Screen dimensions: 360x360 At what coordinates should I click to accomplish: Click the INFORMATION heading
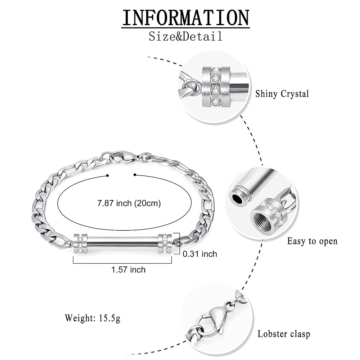(186, 18)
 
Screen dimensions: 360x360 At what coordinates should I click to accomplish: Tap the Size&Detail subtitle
(186, 37)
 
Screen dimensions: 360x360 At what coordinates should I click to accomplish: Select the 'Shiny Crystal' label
(282, 94)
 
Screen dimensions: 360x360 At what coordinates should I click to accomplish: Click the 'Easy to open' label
(312, 241)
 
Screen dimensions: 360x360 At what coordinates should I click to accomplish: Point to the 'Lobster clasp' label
(283, 334)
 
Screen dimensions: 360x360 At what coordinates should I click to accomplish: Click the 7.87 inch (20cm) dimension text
(129, 203)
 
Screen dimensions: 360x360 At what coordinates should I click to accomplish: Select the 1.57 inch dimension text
(128, 270)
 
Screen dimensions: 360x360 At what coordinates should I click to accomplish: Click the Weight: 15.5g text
(93, 318)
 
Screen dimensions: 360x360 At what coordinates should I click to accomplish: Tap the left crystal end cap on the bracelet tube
(80, 243)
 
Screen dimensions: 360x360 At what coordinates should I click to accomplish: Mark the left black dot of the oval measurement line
(107, 175)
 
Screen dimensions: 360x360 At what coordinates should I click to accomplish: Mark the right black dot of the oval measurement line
(135, 175)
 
